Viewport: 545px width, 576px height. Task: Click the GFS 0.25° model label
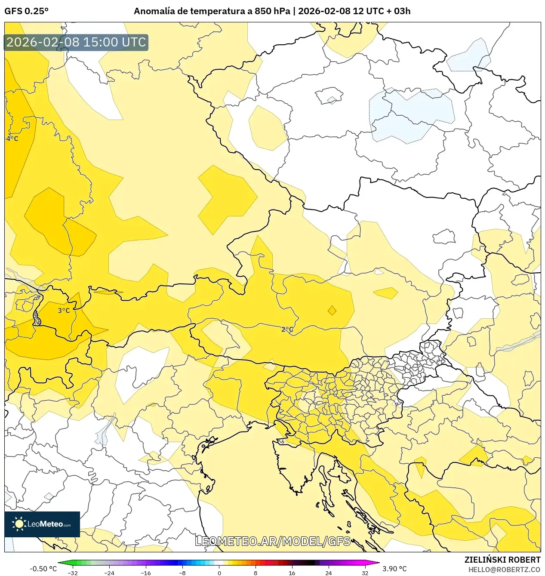coord(26,11)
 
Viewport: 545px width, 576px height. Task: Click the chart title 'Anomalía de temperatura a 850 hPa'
coord(212,11)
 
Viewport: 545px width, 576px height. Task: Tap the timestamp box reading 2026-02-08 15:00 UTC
coord(76,42)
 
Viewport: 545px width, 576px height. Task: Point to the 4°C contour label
coord(12,139)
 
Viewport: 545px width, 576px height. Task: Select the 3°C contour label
coord(64,311)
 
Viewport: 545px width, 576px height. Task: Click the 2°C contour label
coord(287,330)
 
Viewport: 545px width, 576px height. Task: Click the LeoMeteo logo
coord(42,524)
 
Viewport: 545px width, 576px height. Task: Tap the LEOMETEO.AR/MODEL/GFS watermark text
coord(273,541)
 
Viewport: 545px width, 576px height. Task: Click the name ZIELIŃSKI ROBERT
coord(502,560)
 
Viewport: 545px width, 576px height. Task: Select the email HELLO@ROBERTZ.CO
coord(504,570)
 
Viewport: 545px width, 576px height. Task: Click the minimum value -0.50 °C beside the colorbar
coord(43,569)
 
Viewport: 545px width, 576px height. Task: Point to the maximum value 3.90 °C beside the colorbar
coord(394,569)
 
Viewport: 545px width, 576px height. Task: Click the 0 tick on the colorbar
coord(219,573)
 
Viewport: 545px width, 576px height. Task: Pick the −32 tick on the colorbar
coord(73,573)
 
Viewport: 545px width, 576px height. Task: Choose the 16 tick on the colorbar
coord(292,573)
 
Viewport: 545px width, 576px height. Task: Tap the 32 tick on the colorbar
coord(365,573)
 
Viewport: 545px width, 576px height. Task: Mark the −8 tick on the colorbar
coord(182,573)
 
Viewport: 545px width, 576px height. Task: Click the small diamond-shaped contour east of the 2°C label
coord(332,310)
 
